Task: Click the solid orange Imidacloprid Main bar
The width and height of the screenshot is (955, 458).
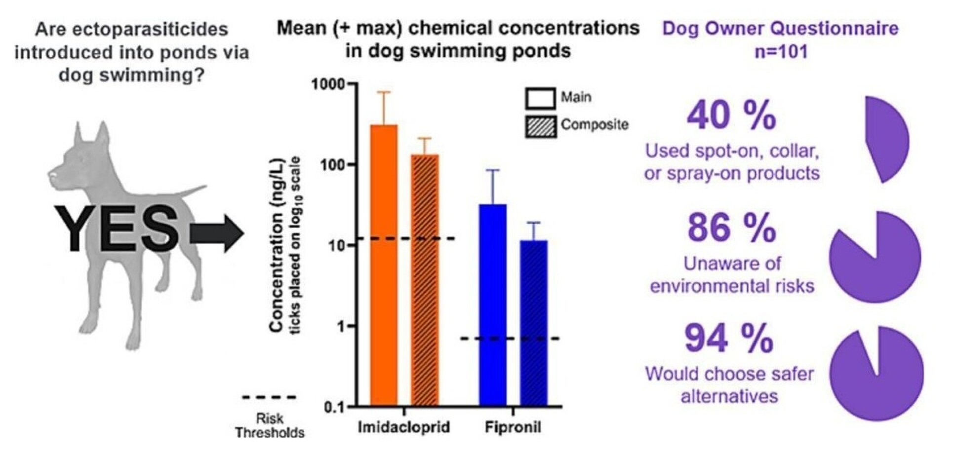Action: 384,267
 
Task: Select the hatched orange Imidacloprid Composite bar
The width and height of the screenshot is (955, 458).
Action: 425,281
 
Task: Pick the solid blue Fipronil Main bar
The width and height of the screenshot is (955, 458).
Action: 492,306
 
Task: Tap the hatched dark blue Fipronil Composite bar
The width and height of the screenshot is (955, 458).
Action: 533,323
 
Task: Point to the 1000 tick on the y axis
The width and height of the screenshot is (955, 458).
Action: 328,84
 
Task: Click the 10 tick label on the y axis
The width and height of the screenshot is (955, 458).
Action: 334,245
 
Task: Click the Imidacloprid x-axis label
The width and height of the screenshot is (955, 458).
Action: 403,427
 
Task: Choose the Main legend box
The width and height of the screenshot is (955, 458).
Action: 540,98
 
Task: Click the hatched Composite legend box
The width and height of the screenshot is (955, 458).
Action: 540,126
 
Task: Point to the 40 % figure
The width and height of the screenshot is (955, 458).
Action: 731,116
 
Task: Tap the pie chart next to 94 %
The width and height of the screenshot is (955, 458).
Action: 876,374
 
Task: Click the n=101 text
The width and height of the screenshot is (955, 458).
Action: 781,51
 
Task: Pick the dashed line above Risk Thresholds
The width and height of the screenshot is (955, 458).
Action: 269,397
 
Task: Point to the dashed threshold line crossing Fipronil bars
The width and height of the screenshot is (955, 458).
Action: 509,339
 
